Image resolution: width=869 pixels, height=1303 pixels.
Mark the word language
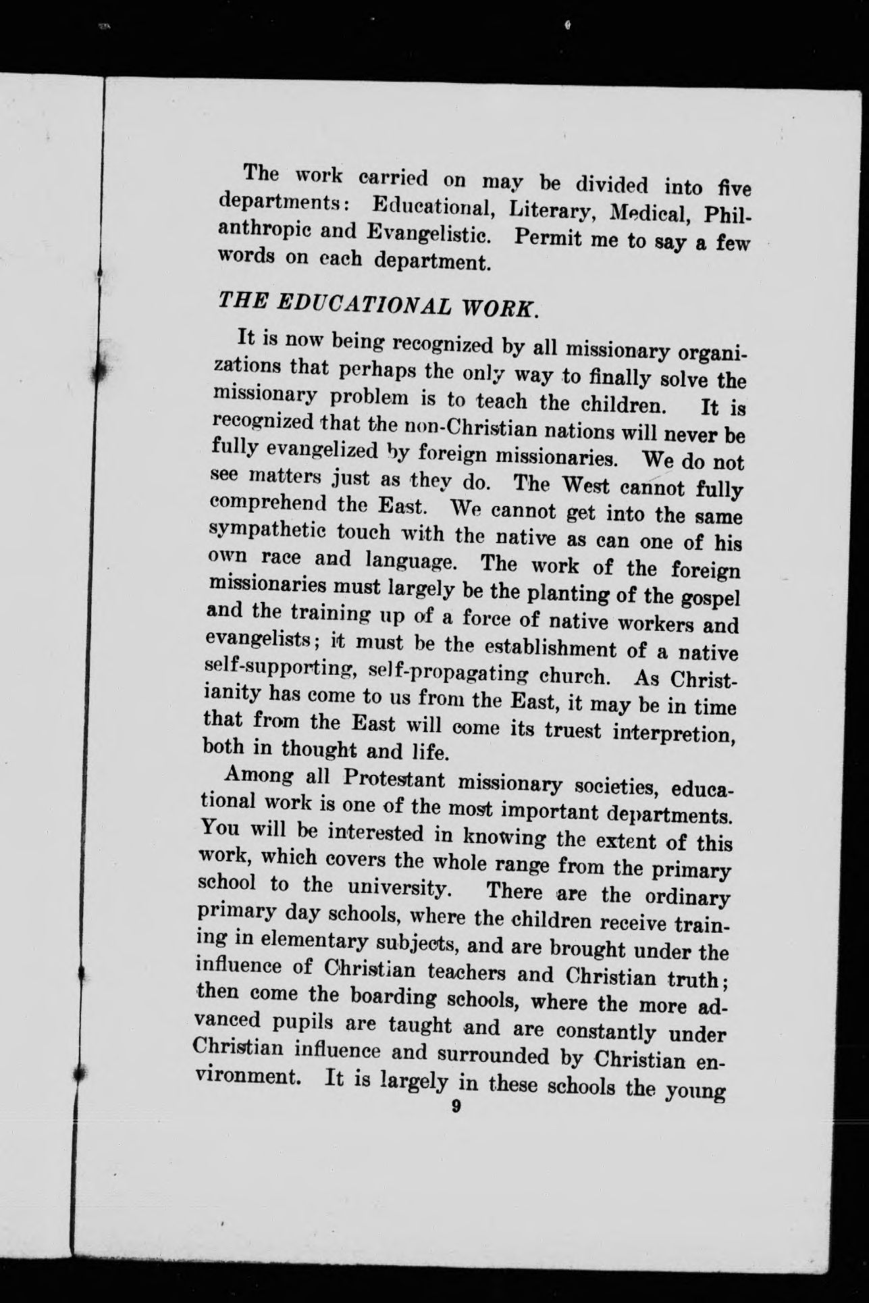410,561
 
